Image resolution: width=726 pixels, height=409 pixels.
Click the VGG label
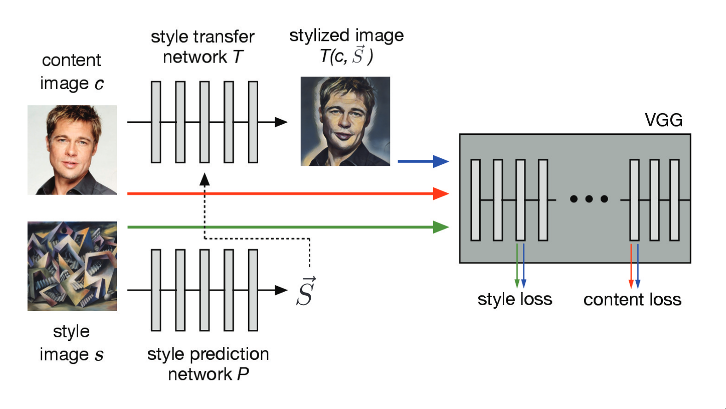pyautogui.click(x=663, y=120)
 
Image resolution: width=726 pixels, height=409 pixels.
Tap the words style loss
pyautogui.click(x=515, y=300)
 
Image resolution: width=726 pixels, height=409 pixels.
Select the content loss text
pyautogui.click(x=632, y=300)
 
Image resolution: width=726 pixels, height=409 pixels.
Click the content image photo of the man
pyautogui.click(x=72, y=150)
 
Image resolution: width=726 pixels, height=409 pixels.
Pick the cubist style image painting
pyautogui.click(x=72, y=266)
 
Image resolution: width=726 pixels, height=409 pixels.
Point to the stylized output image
pyautogui.click(x=345, y=121)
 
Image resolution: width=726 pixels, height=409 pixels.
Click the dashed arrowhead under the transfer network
pyautogui.click(x=204, y=179)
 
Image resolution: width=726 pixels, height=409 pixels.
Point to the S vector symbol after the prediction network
pyautogui.click(x=306, y=292)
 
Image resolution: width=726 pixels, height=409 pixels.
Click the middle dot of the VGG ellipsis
pyautogui.click(x=589, y=199)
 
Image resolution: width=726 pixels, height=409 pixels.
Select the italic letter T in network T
pyautogui.click(x=238, y=57)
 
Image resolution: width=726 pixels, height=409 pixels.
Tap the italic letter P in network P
pyautogui.click(x=243, y=374)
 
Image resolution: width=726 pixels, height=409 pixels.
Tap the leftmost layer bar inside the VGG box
pyautogui.click(x=476, y=200)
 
